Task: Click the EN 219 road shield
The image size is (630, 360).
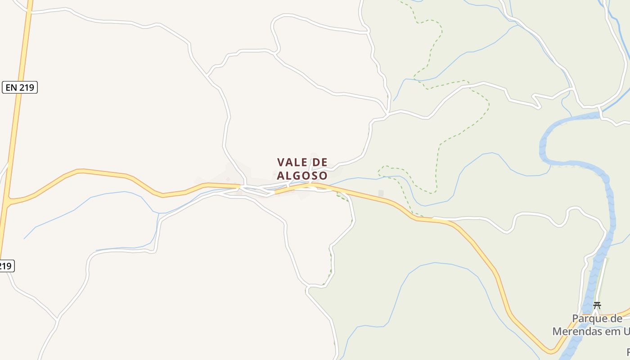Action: pyautogui.click(x=20, y=87)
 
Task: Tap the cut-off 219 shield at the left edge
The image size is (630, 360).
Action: pyautogui.click(x=6, y=266)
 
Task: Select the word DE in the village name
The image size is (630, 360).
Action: pyautogui.click(x=319, y=162)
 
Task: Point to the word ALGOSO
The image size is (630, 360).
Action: pyautogui.click(x=302, y=175)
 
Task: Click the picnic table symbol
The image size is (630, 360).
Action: pyautogui.click(x=597, y=305)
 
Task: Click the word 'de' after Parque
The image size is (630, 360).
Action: pyautogui.click(x=616, y=319)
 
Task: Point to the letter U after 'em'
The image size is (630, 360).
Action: pyautogui.click(x=626, y=332)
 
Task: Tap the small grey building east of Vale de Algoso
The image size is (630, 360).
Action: pyautogui.click(x=381, y=193)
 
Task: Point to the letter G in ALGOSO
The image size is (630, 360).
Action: pyautogui.click(x=297, y=175)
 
